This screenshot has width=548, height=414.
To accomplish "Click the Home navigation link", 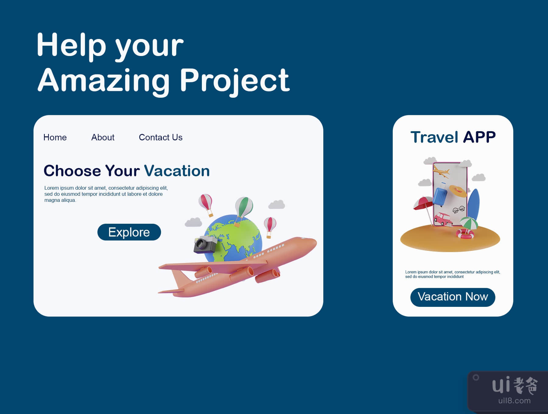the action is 55,137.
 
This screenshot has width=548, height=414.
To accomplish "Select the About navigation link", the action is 103,137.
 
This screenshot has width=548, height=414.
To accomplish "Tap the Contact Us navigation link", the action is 161,137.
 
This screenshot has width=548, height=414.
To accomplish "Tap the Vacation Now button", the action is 453,297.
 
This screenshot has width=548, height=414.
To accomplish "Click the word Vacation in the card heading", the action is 177,171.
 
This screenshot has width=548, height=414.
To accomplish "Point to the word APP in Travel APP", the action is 479,137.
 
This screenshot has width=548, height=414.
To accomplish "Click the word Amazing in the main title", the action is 104,81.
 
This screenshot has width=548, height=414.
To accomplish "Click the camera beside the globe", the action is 205,244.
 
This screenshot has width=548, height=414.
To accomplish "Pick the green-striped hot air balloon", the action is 244,210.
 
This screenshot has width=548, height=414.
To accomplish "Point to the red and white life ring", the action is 465,234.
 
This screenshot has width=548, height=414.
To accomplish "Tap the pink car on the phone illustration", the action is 443,219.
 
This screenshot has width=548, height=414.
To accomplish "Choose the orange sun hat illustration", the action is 458,191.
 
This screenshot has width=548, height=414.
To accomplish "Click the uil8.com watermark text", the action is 515,401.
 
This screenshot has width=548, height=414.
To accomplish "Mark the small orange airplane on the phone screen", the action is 441,172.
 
